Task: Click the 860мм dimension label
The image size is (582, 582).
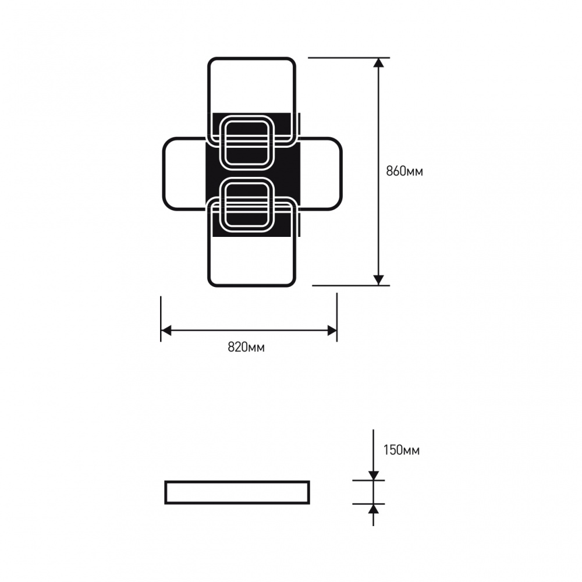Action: pyautogui.click(x=404, y=172)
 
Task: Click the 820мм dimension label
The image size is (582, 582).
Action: pyautogui.click(x=246, y=347)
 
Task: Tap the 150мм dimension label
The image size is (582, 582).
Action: pyautogui.click(x=401, y=450)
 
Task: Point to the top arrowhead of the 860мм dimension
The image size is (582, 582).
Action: pyautogui.click(x=379, y=63)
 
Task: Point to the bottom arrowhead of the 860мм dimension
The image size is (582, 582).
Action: pyautogui.click(x=379, y=279)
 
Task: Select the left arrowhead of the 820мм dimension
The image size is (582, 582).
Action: pyautogui.click(x=166, y=331)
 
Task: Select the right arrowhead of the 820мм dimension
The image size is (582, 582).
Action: pyautogui.click(x=332, y=331)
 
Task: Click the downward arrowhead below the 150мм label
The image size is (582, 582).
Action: pyautogui.click(x=374, y=475)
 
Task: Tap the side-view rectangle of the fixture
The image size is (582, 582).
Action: pyautogui.click(x=237, y=492)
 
